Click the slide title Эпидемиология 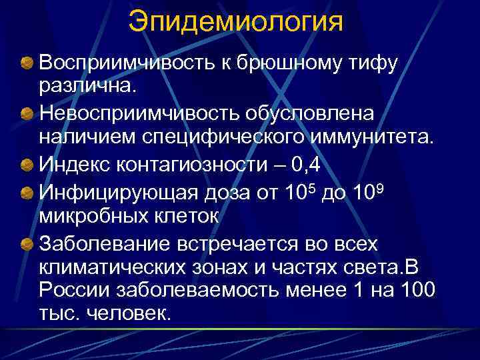pos(237,21)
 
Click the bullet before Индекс pos(27,164)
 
